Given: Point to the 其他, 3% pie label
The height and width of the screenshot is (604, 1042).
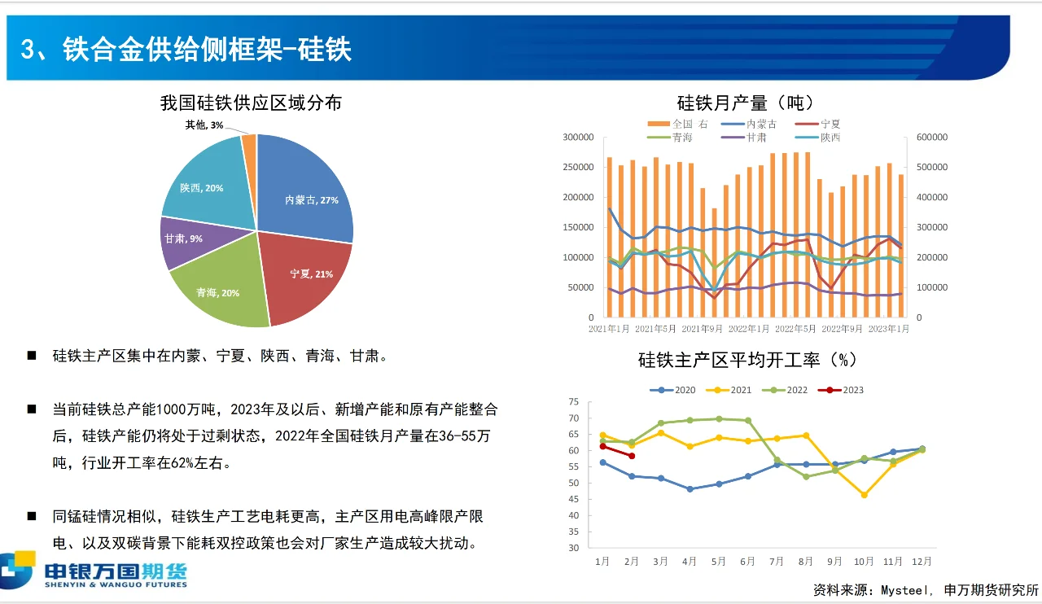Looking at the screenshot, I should pos(204,125).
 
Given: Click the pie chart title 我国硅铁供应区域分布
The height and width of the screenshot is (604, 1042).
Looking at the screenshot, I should pos(251,103).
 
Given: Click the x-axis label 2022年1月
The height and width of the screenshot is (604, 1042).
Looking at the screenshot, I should pos(749,329).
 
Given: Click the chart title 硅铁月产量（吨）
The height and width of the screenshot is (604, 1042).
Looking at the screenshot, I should pos(745,103).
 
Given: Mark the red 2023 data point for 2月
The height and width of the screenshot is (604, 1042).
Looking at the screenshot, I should pos(631,456).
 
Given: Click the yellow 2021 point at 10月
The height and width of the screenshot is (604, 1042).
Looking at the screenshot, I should pos(864,495).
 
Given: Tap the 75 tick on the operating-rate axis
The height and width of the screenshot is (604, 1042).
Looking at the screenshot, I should pos(573,402).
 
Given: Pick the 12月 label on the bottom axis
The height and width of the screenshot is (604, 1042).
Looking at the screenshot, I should pos(922,562).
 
